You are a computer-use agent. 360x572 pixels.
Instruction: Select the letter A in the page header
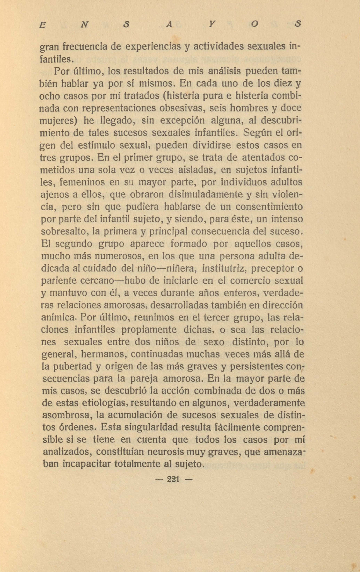click(x=169, y=24)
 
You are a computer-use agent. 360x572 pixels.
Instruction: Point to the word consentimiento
click(x=269, y=207)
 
